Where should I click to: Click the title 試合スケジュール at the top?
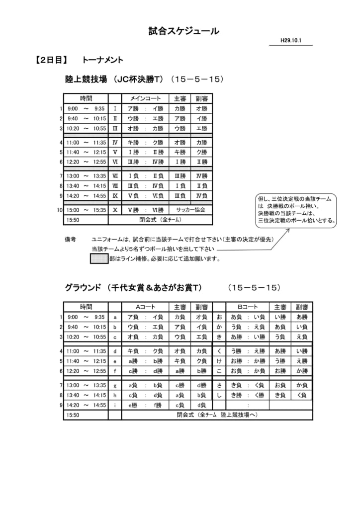tap(183, 31)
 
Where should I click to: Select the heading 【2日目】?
tap(51, 60)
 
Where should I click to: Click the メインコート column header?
tap(145, 98)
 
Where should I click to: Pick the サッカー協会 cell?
tap(190, 210)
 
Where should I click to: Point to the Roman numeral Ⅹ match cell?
tap(115, 210)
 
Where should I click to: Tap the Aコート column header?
tap(145, 307)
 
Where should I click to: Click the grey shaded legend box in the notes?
tap(99, 259)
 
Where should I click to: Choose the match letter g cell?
tap(115, 385)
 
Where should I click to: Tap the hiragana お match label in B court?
tap(219, 317)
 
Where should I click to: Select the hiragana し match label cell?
tap(219, 395)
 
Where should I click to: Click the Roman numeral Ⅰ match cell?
tap(115, 108)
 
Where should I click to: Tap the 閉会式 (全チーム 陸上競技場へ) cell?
tap(217, 415)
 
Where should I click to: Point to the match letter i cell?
tap(115, 405)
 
